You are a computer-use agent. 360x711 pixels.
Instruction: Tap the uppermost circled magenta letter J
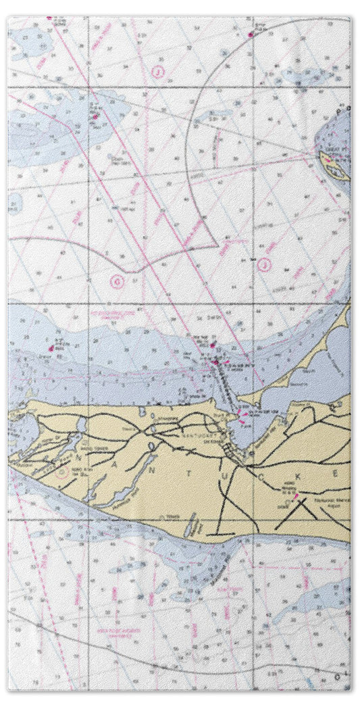click(x=157, y=72)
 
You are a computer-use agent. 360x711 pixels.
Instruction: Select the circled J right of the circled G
click(x=264, y=265)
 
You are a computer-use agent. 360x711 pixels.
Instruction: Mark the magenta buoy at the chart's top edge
click(x=251, y=34)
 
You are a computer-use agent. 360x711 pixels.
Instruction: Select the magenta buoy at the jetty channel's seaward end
click(x=215, y=362)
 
